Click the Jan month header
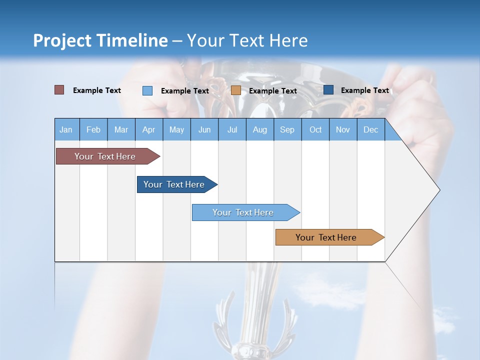click(66, 129)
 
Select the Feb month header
click(93, 129)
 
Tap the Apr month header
click(149, 129)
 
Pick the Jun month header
click(204, 129)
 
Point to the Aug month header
click(260, 129)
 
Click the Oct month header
click(315, 129)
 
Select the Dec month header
click(371, 129)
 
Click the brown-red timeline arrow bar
click(105, 156)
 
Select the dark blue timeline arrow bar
click(174, 184)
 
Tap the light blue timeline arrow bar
click(243, 212)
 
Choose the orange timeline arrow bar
click(326, 237)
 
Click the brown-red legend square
click(59, 90)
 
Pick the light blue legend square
click(147, 90)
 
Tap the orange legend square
click(236, 90)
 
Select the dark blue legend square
click(328, 90)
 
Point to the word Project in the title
click(62, 40)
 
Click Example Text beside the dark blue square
click(364, 90)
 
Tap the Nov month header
click(343, 129)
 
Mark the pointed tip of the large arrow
click(439, 189)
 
